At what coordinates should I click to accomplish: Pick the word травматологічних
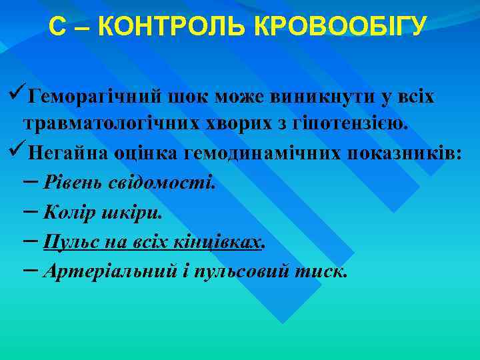[x=108, y=125]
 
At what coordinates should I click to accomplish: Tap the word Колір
[x=66, y=213]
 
